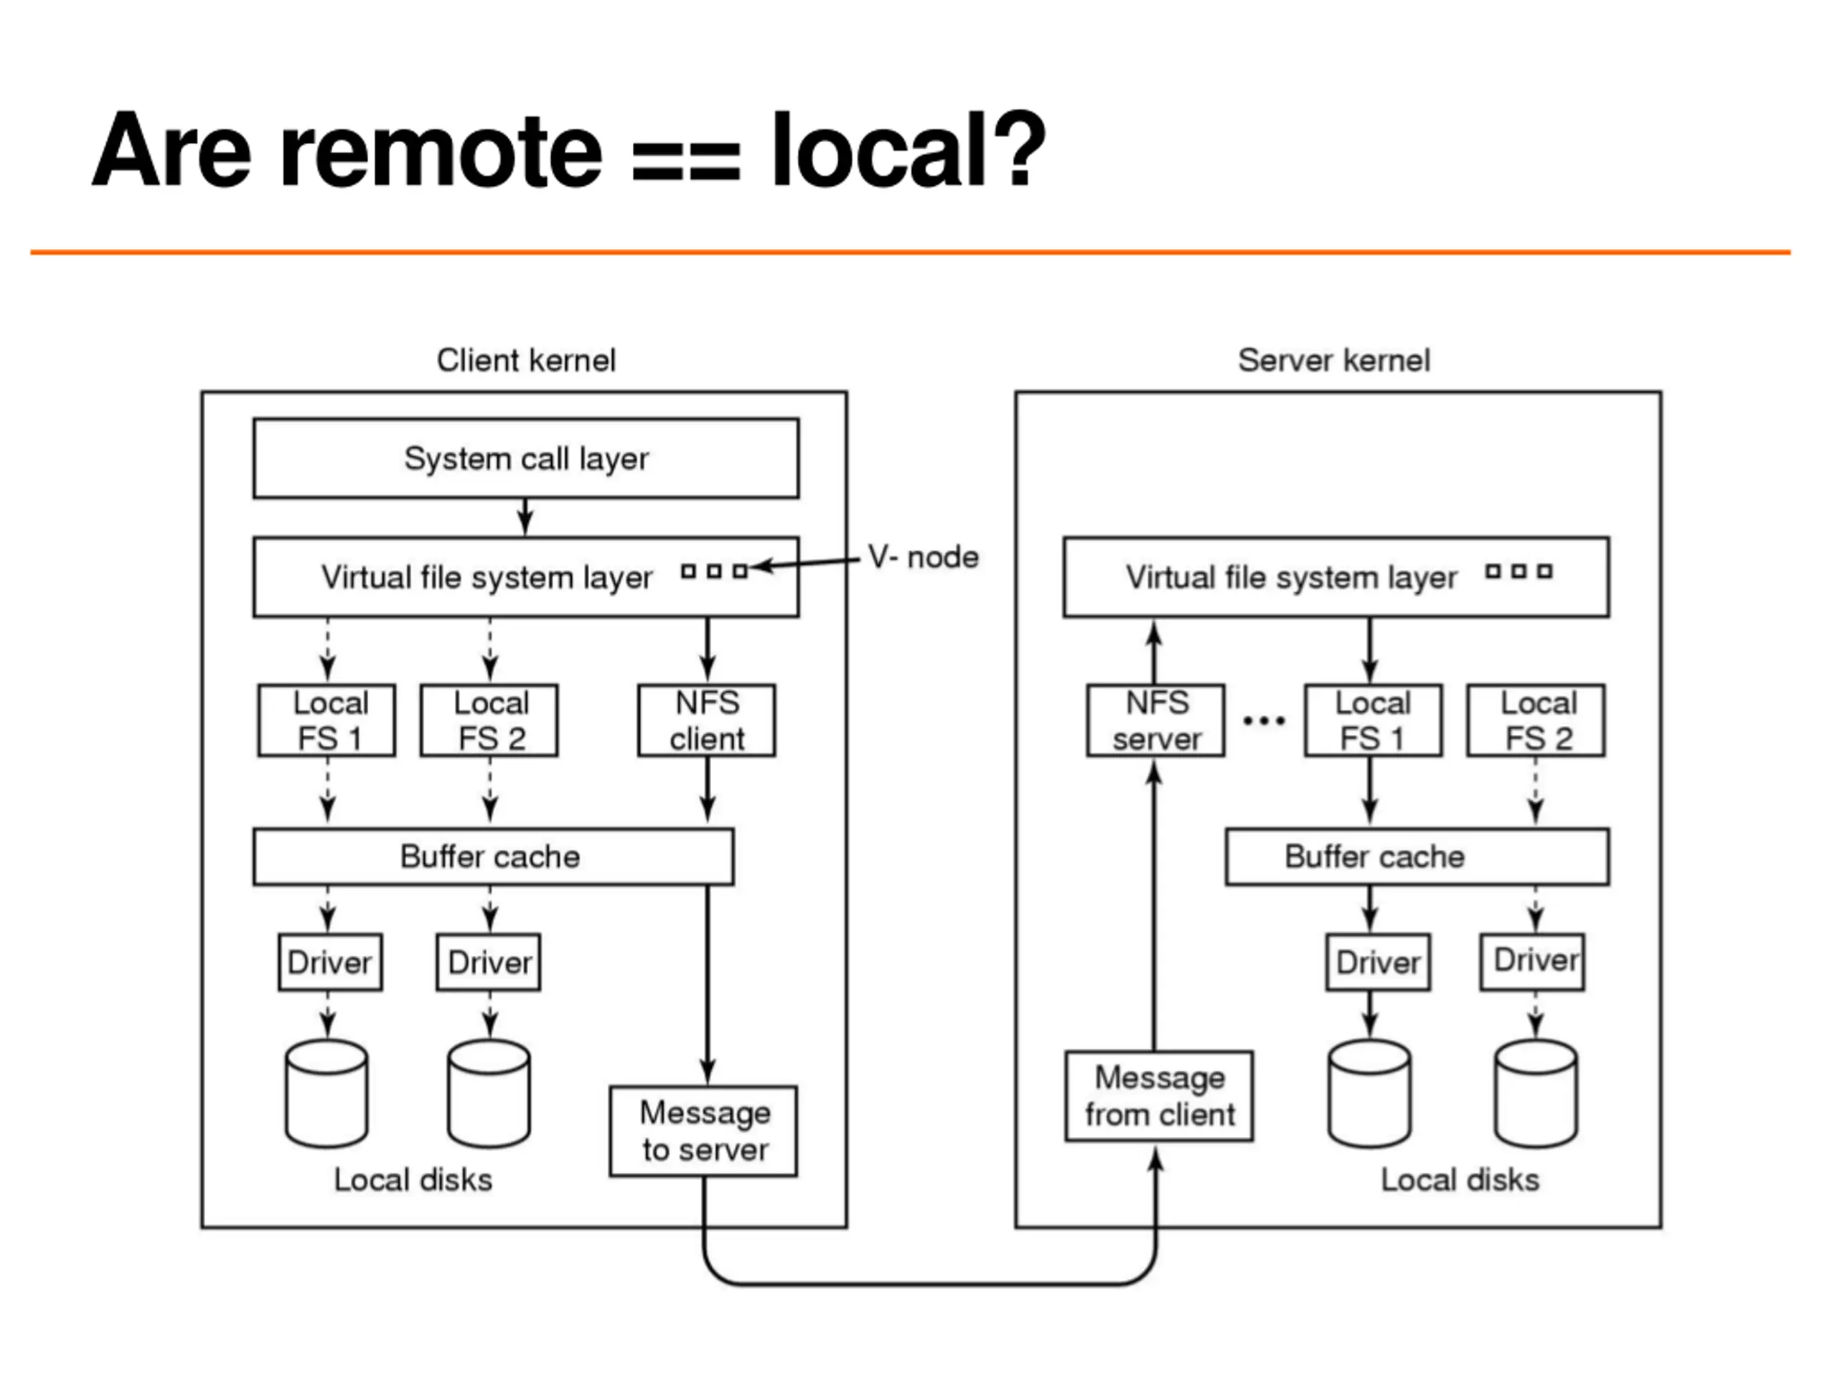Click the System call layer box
526,459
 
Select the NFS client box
707,720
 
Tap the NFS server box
1156,720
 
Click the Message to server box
703,1130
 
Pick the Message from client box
1160,1096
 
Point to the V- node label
924,556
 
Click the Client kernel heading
527,360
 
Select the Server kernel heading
1334,360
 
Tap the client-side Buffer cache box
493,856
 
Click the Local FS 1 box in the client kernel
326,720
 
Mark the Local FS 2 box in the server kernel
1536,720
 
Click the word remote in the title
441,151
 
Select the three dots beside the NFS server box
1264,720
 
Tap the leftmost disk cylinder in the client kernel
326,1093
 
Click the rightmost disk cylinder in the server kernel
1536,1093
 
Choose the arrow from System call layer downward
525,517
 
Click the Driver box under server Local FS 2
1532,961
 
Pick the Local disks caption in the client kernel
413,1179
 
